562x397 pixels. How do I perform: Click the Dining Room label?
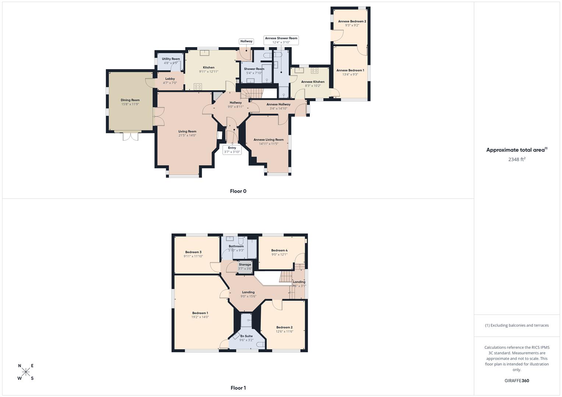click(130, 100)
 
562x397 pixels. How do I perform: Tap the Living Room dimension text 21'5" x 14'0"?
click(187, 136)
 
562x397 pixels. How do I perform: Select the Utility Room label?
click(171, 59)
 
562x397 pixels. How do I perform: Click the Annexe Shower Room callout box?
click(281, 40)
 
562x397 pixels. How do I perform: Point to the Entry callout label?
click(232, 150)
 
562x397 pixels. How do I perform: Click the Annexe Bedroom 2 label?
click(352, 21)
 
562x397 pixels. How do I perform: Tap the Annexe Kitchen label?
click(313, 82)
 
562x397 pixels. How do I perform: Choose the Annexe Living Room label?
click(269, 140)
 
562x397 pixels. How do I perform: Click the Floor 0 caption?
click(238, 191)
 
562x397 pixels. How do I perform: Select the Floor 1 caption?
click(238, 388)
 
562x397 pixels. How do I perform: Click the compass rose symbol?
click(26, 372)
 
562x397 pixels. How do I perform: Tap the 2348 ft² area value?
click(517, 160)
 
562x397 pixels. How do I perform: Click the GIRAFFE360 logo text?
click(517, 381)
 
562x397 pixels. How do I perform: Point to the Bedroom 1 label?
click(200, 313)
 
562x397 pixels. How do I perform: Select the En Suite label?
click(247, 336)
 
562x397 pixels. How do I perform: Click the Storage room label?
click(245, 265)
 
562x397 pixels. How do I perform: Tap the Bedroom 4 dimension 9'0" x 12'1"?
click(279, 255)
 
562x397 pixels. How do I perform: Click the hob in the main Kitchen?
click(198, 87)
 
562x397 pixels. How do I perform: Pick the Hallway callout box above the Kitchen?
click(246, 42)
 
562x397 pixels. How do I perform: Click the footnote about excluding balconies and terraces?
click(517, 325)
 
